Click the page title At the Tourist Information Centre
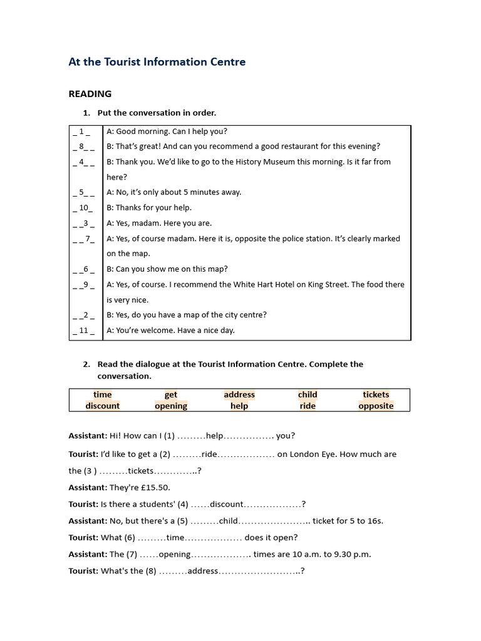[157, 62]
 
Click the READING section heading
[90, 94]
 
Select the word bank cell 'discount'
[103, 406]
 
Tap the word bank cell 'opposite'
[376, 406]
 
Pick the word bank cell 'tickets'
[376, 394]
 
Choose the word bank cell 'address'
[239, 394]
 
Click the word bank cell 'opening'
[171, 406]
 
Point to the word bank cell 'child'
[308, 394]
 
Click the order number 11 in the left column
[83, 331]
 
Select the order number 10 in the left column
[83, 208]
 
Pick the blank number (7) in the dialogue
[132, 554]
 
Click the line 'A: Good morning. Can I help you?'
[167, 131]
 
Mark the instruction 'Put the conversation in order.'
[157, 113]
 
